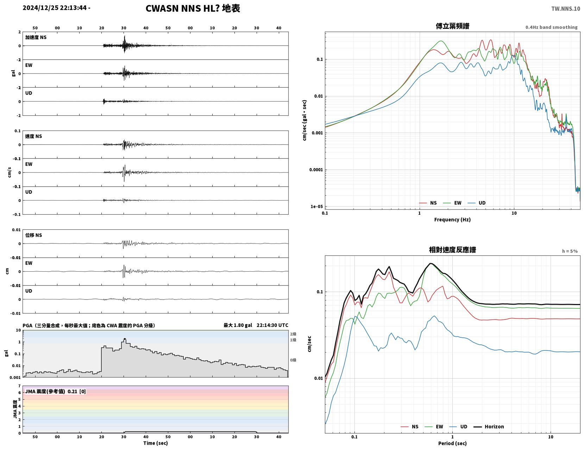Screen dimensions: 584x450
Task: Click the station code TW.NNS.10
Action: pyautogui.click(x=565, y=8)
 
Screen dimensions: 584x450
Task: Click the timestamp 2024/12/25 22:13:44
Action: pyautogui.click(x=55, y=8)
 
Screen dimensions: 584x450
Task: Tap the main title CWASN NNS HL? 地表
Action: pyautogui.click(x=193, y=8)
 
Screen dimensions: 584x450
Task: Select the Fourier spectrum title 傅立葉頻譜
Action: pyautogui.click(x=452, y=26)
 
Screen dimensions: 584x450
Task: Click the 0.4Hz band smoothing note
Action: pyautogui.click(x=551, y=27)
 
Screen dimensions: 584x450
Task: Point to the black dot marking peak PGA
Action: pyautogui.click(x=125, y=339)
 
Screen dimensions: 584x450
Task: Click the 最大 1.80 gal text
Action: pyautogui.click(x=238, y=325)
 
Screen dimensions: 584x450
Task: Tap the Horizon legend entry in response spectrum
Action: pyautogui.click(x=489, y=426)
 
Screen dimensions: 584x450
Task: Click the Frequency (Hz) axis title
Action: pyautogui.click(x=452, y=219)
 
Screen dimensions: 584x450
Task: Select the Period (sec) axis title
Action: pyautogui.click(x=452, y=443)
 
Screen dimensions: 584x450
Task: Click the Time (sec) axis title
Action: pyautogui.click(x=155, y=443)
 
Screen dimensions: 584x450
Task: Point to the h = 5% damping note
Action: pyautogui.click(x=570, y=251)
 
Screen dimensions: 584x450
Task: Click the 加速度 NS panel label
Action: pyautogui.click(x=36, y=37)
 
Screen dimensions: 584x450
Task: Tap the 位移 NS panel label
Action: pyautogui.click(x=33, y=235)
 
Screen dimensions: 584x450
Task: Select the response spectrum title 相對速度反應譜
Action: pyautogui.click(x=452, y=250)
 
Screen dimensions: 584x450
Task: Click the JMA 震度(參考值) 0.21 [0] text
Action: pyautogui.click(x=55, y=391)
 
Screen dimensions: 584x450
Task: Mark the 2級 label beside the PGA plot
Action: pyautogui.click(x=293, y=334)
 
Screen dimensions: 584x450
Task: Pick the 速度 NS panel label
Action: pyautogui.click(x=33, y=136)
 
